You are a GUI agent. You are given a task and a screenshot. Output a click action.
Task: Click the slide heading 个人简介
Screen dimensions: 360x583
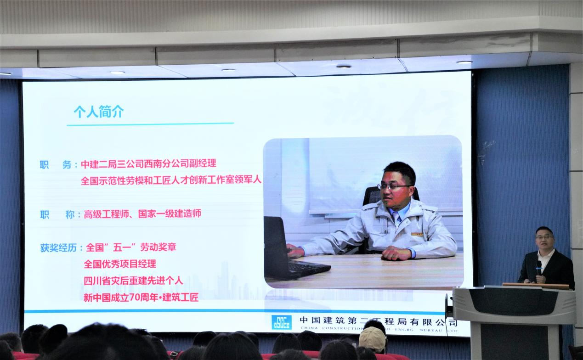pyautogui.click(x=99, y=112)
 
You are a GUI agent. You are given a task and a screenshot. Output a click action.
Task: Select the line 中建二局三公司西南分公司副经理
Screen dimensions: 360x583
pyautogui.click(x=148, y=164)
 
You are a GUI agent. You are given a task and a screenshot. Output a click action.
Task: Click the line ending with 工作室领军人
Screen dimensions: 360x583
pyautogui.click(x=171, y=180)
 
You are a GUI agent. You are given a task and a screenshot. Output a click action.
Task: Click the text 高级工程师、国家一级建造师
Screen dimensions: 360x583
pyautogui.click(x=142, y=214)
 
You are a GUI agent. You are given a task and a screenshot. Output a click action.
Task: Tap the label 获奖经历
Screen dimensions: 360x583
pyautogui.click(x=58, y=247)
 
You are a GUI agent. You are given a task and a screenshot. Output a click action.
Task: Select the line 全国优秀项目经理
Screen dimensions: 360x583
pyautogui.click(x=120, y=264)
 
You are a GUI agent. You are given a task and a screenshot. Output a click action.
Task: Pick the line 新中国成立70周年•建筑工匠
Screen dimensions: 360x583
pyautogui.click(x=141, y=298)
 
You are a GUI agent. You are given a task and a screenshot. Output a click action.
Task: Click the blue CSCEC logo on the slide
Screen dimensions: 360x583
pyautogui.click(x=281, y=322)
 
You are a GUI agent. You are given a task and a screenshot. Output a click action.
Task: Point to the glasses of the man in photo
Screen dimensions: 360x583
pyautogui.click(x=394, y=186)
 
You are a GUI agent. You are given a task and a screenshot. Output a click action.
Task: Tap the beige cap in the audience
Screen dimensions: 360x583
pyautogui.click(x=372, y=339)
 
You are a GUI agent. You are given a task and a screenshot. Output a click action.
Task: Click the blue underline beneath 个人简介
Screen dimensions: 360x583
pyautogui.click(x=150, y=124)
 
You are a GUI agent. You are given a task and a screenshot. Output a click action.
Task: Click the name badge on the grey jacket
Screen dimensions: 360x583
pyautogui.click(x=417, y=234)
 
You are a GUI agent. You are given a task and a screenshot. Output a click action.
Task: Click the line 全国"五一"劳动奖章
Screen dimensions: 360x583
pyautogui.click(x=131, y=247)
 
